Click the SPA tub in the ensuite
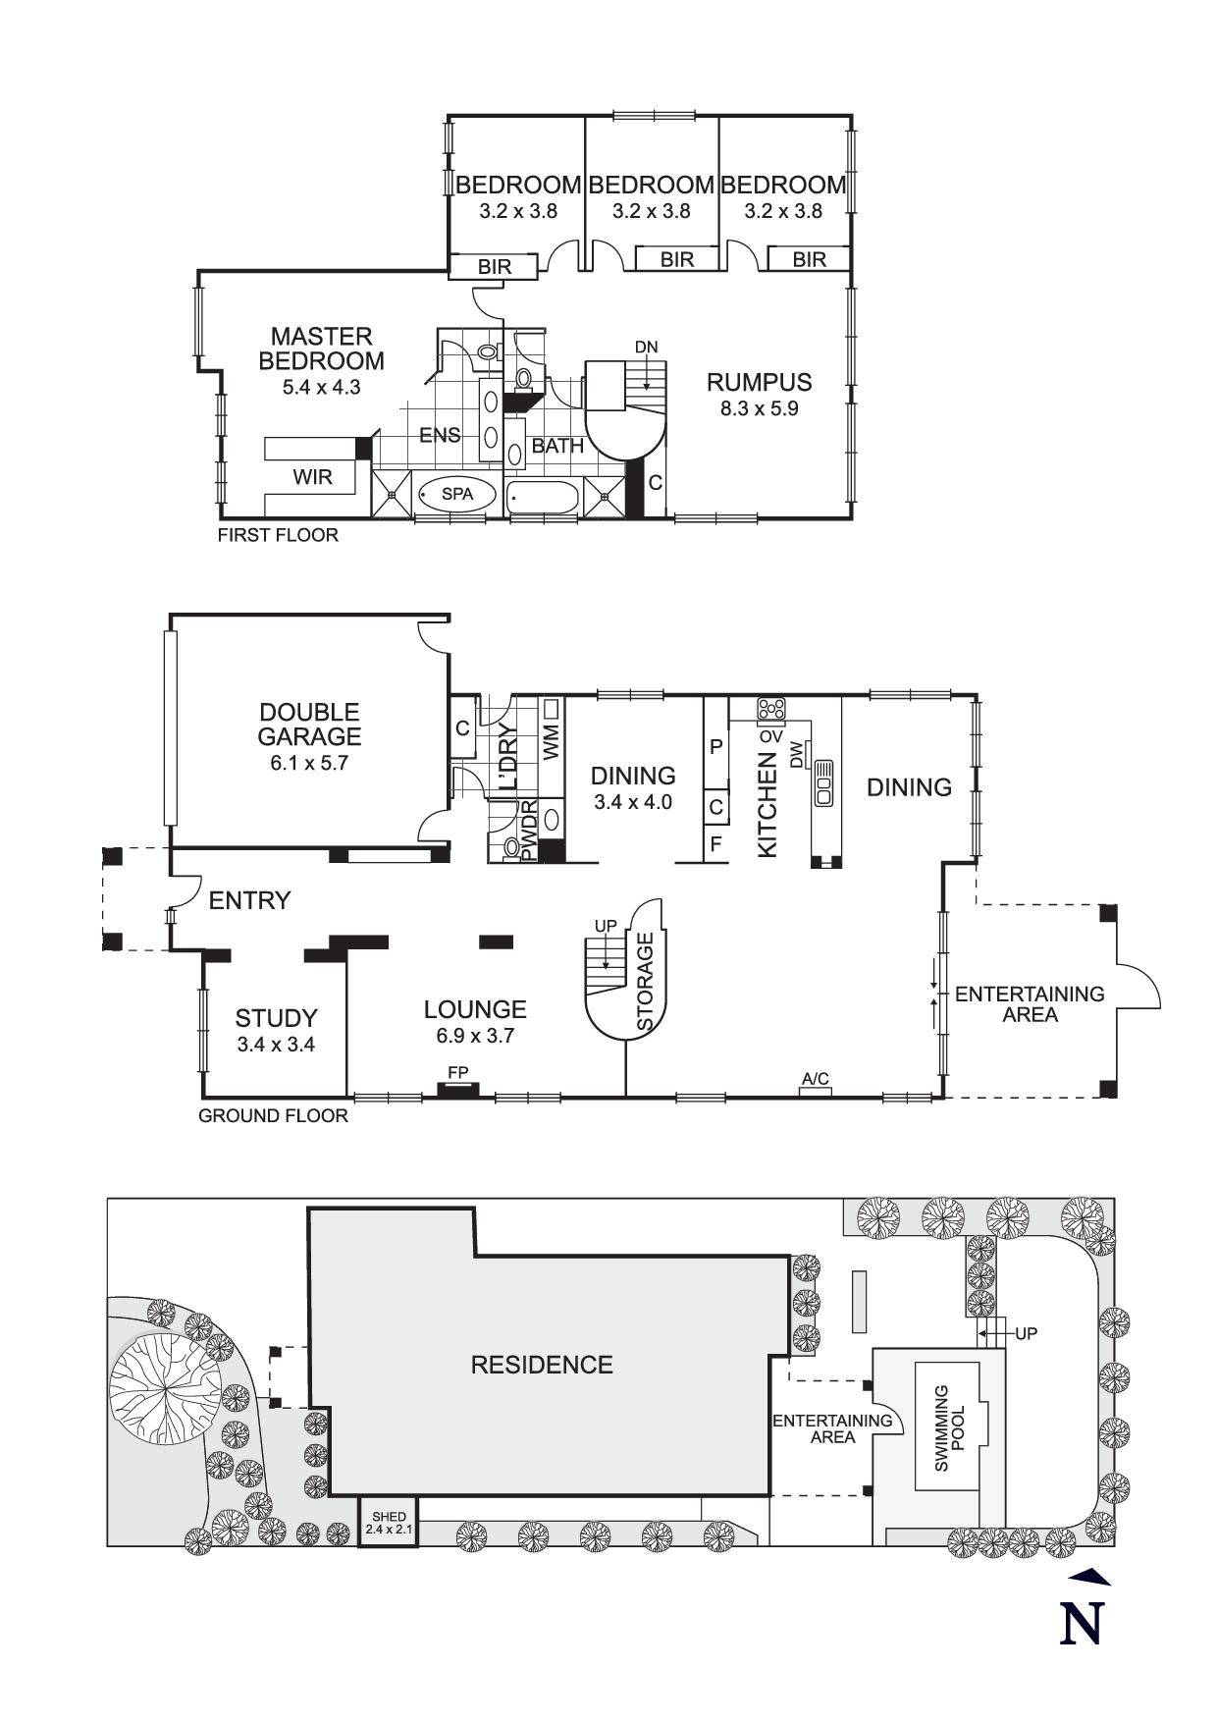[x=456, y=495]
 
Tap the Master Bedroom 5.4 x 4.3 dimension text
[x=321, y=387]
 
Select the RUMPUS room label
[x=759, y=382]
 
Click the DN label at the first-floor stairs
[x=645, y=347]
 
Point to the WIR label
[x=312, y=477]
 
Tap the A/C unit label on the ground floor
[x=815, y=1080]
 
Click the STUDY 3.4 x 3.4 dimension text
[x=276, y=1045]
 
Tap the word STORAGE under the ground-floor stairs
[x=645, y=982]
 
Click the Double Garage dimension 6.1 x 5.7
[x=309, y=762]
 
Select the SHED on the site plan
[x=387, y=1523]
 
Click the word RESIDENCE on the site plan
[x=542, y=1365]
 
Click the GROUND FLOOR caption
[x=273, y=1116]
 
